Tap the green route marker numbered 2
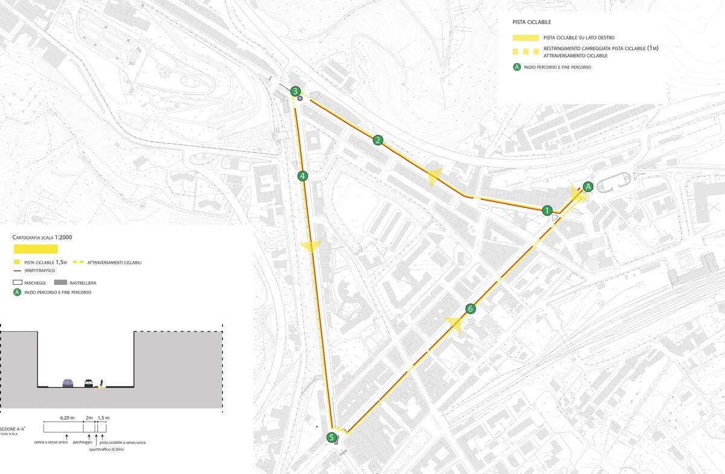pyautogui.click(x=378, y=140)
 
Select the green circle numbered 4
pyautogui.click(x=303, y=177)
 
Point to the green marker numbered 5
pyautogui.click(x=331, y=437)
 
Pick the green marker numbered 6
pyautogui.click(x=471, y=309)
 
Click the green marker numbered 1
pyautogui.click(x=547, y=210)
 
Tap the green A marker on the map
pyautogui.click(x=588, y=186)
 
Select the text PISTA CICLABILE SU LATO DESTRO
pyautogui.click(x=578, y=37)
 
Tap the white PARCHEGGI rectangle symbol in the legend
pyautogui.click(x=17, y=282)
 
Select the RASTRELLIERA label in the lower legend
pyautogui.click(x=83, y=282)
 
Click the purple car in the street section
pyautogui.click(x=68, y=383)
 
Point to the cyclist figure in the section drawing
pyautogui.click(x=102, y=383)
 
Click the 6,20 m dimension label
pyautogui.click(x=67, y=418)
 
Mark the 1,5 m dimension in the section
pyautogui.click(x=103, y=418)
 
